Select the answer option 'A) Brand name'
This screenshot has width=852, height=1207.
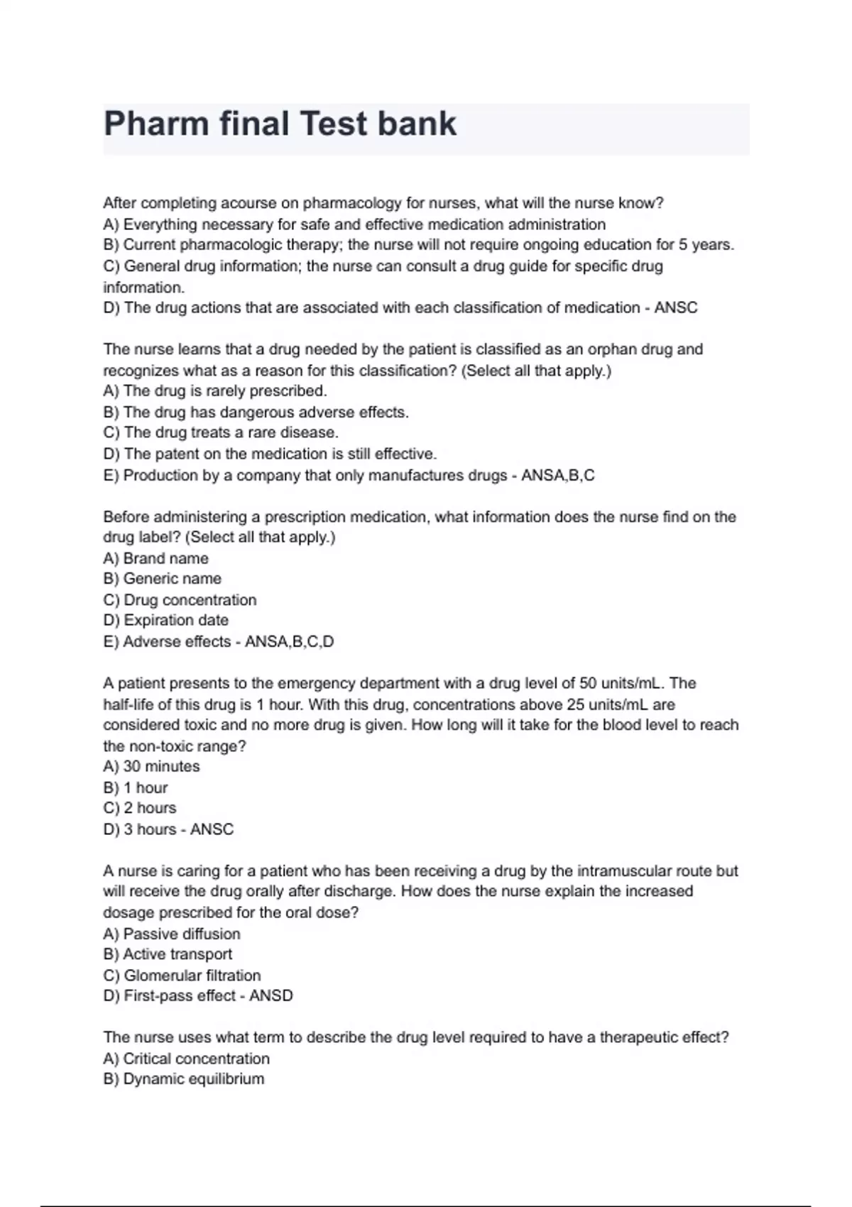[x=155, y=558]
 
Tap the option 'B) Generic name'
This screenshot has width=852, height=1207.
[x=162, y=579]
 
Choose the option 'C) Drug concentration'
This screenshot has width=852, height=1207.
[x=180, y=600]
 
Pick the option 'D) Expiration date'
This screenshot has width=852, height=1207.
[x=165, y=621]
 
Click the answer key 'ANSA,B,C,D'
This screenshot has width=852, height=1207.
[x=289, y=642]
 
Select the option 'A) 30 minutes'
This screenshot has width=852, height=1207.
[x=151, y=767]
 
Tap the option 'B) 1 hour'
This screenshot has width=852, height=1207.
[x=135, y=788]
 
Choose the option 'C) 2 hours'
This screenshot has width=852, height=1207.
[x=139, y=808]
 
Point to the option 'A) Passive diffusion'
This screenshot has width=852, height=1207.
[x=171, y=934]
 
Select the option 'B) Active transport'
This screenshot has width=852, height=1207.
[x=168, y=954]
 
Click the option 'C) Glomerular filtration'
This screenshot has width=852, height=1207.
[x=182, y=976]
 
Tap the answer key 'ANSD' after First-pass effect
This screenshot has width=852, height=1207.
[x=271, y=996]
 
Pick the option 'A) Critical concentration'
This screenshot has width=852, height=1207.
[x=186, y=1059]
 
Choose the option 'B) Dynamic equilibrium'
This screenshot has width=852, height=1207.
[x=183, y=1079]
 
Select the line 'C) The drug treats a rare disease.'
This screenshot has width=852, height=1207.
[x=221, y=432]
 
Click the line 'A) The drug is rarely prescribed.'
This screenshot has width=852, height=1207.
[x=215, y=391]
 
